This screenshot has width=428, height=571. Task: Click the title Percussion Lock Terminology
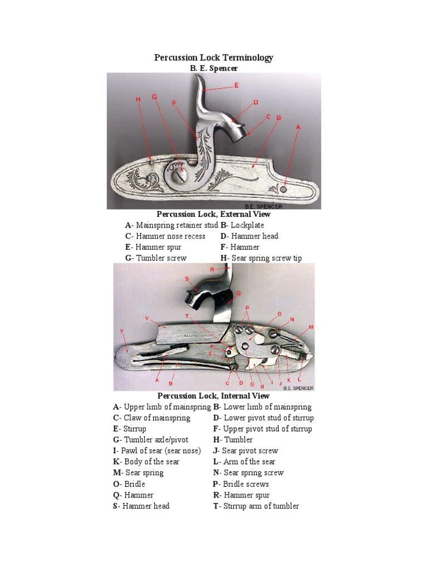click(213, 58)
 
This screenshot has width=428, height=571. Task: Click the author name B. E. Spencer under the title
click(214, 68)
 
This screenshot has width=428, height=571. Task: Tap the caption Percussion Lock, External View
click(213, 214)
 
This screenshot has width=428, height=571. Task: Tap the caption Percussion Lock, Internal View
click(213, 396)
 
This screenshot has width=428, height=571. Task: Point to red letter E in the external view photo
click(236, 85)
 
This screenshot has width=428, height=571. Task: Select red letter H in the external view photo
click(138, 99)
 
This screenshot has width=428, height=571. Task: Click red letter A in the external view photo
click(298, 127)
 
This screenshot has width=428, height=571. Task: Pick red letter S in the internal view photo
click(187, 278)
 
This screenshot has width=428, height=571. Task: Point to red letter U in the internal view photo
click(147, 318)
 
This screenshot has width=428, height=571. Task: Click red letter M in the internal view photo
click(311, 327)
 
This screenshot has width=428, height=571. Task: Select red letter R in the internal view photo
click(212, 269)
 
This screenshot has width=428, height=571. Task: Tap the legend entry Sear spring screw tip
click(261, 258)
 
